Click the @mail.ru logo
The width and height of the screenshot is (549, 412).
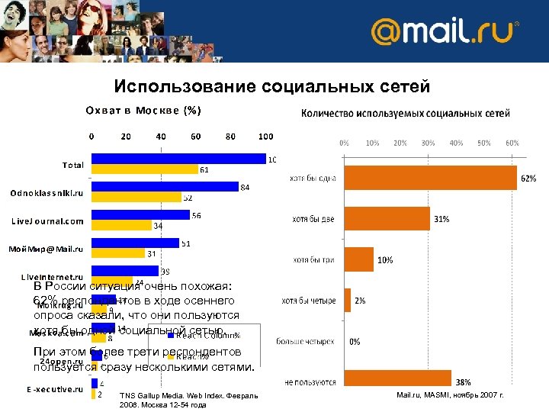tap(445, 33)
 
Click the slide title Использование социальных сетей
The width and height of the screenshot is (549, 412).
tap(272, 87)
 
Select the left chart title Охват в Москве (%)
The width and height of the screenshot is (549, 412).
tap(143, 111)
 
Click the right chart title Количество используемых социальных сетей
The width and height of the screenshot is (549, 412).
tap(406, 114)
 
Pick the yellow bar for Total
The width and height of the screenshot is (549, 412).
tap(144, 169)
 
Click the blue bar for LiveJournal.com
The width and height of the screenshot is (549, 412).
tap(140, 215)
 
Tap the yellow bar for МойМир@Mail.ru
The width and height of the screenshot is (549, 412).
tap(118, 253)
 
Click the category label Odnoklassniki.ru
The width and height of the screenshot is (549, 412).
tap(47, 193)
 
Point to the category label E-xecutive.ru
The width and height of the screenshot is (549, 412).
tap(54, 389)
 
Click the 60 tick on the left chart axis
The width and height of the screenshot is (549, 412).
tap(196, 137)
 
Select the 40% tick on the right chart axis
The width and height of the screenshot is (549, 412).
tap(457, 143)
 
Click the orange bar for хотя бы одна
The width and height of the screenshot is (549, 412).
tap(431, 178)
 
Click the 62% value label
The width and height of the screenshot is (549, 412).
tap(528, 179)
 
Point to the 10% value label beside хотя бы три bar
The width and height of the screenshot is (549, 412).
tap(385, 260)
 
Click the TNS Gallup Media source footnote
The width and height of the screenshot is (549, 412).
tap(189, 400)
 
